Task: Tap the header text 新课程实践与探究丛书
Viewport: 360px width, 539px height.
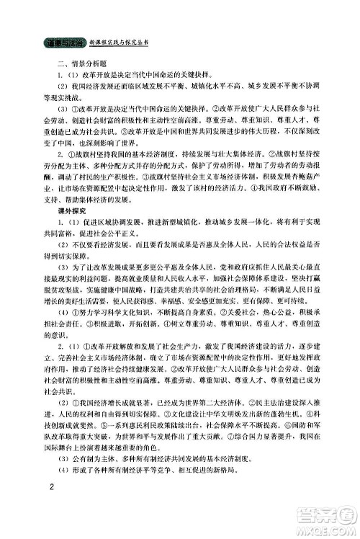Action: click(120, 43)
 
